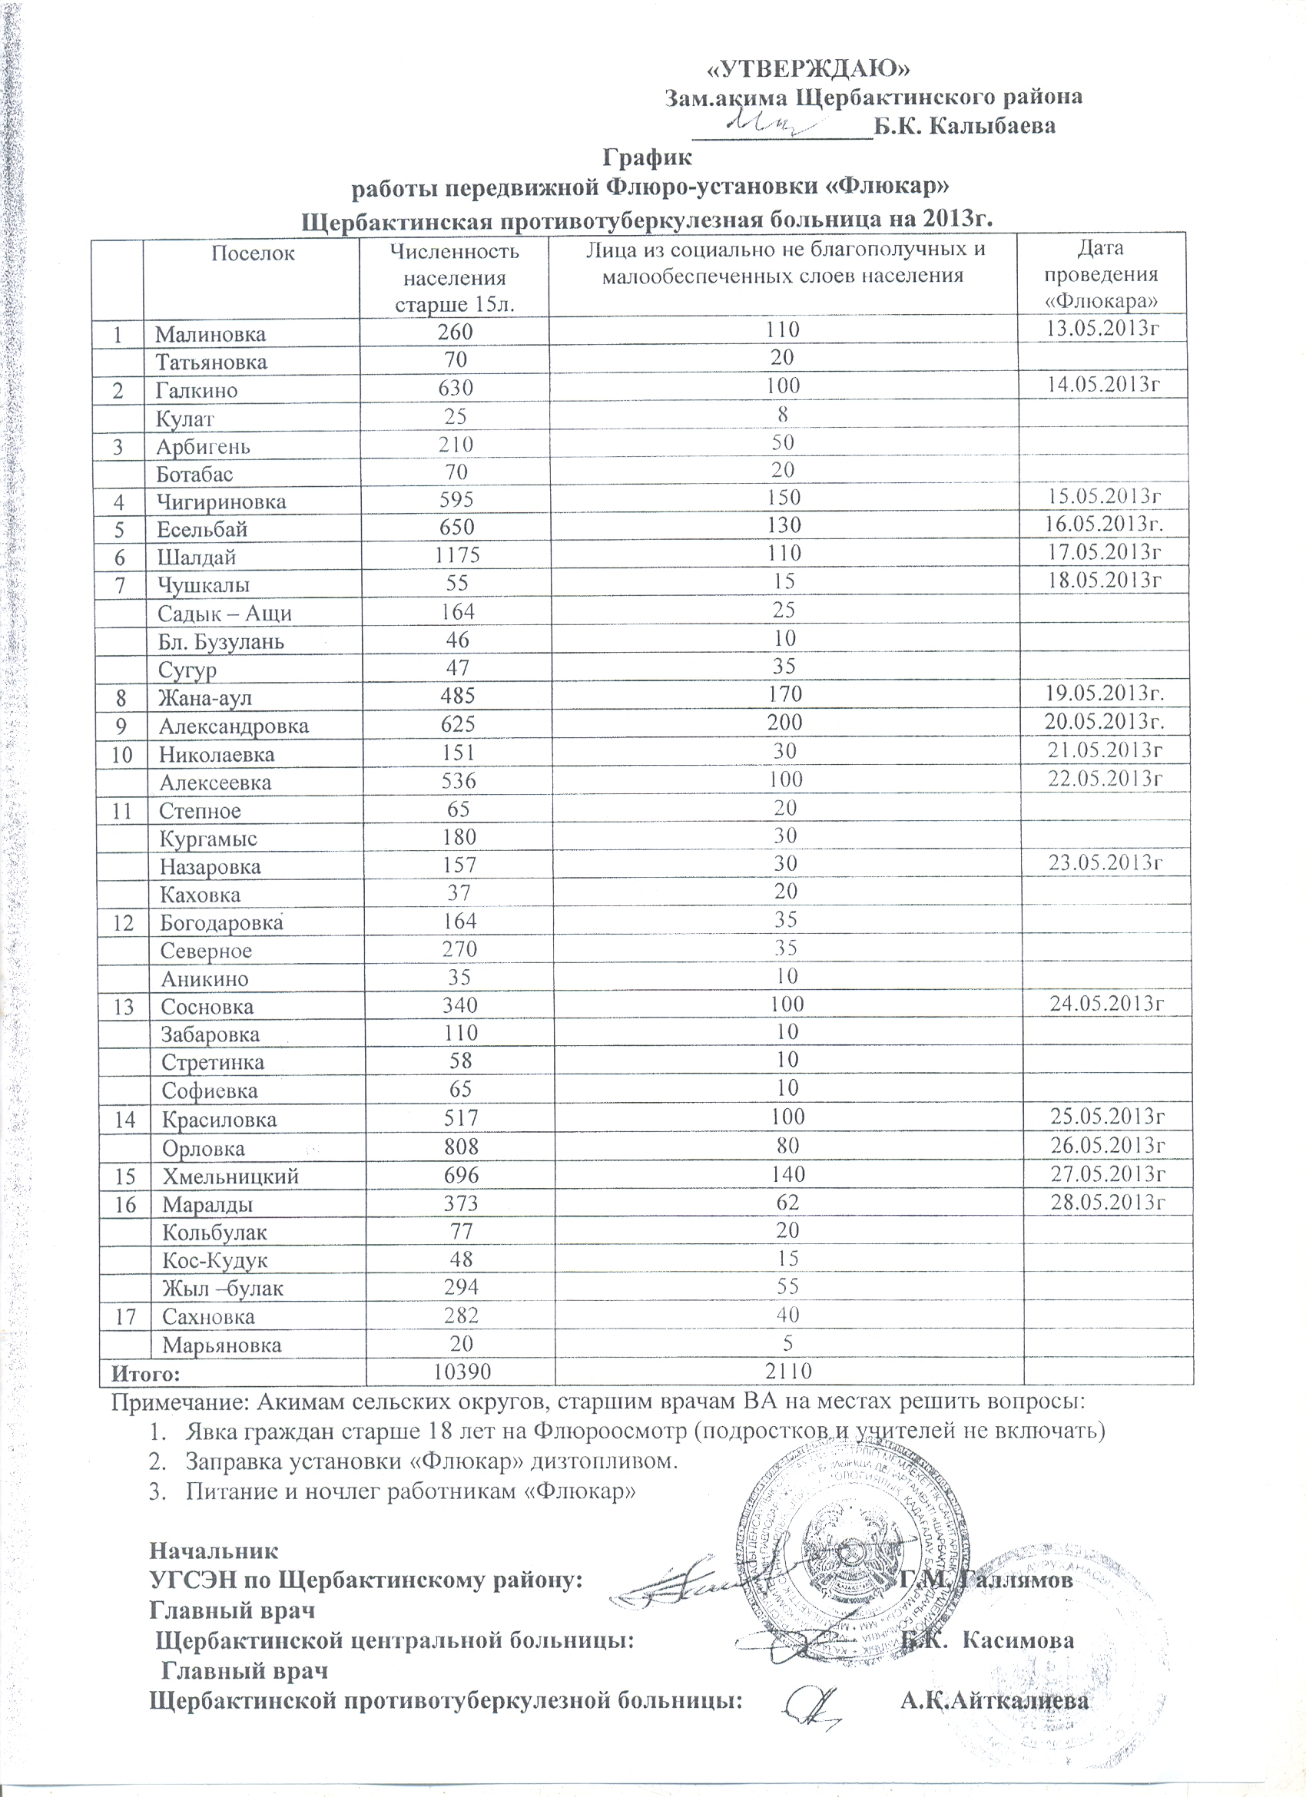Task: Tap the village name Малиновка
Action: click(x=210, y=333)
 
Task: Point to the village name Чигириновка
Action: click(x=221, y=502)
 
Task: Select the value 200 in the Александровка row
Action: click(x=784, y=722)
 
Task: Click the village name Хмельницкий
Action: click(x=230, y=1176)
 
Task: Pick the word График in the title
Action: click(x=648, y=157)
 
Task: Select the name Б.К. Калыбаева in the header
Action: click(x=963, y=126)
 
